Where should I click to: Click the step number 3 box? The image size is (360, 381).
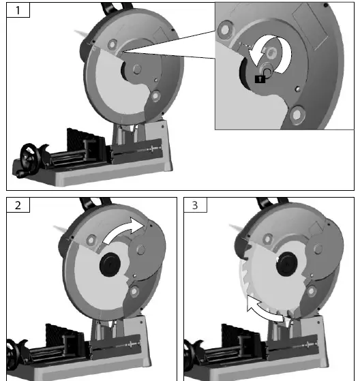(195, 206)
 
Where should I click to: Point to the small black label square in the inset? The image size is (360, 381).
(259, 79)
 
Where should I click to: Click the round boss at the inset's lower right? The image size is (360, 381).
(297, 115)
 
